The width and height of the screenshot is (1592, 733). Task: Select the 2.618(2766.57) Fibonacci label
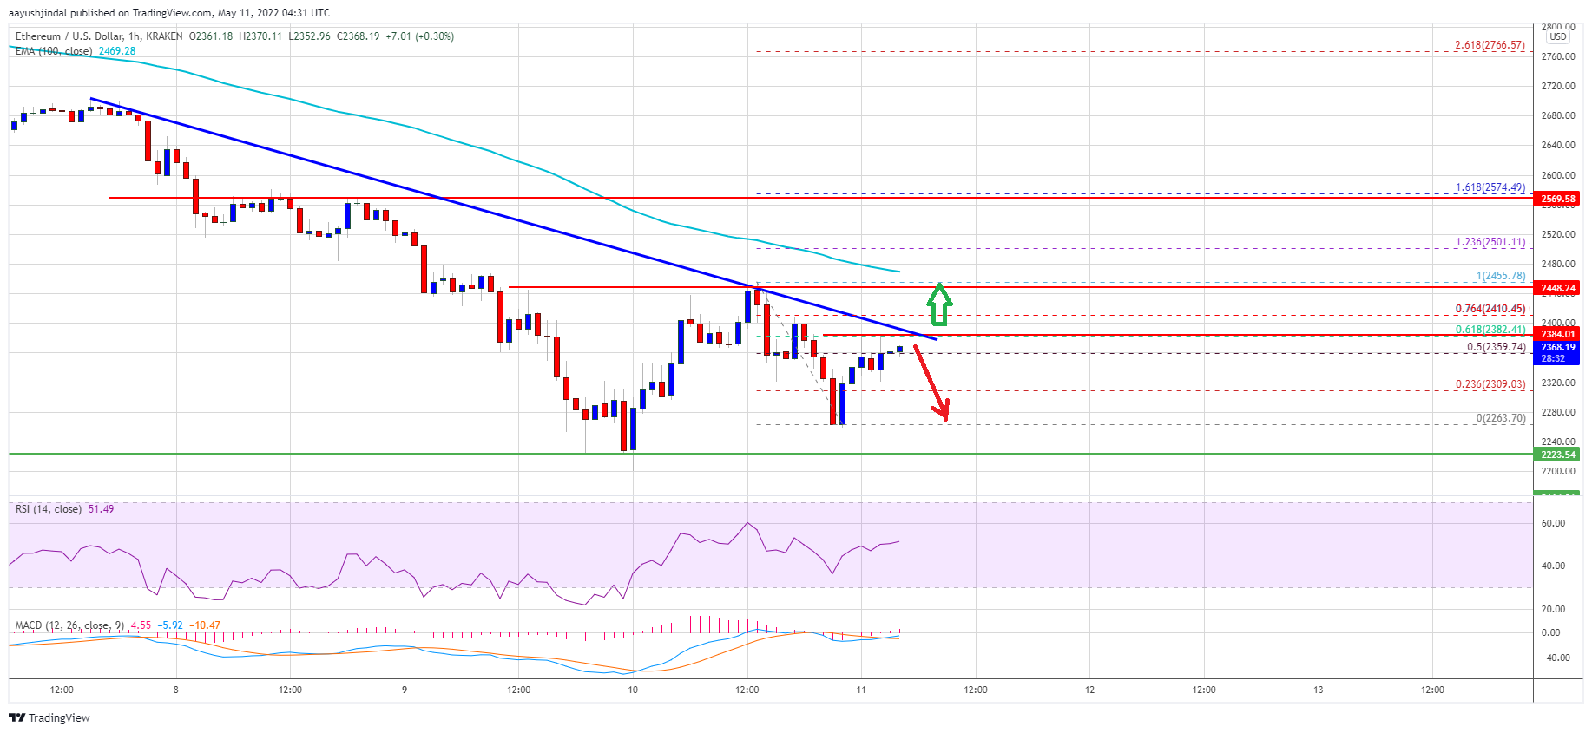[x=1490, y=45]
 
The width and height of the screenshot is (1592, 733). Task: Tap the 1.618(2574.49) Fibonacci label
[x=1490, y=187]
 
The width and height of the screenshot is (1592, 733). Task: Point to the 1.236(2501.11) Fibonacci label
[x=1490, y=242]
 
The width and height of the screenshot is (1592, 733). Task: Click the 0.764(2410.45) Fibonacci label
[x=1490, y=309]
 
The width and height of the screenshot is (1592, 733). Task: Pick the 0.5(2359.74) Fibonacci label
[x=1496, y=347]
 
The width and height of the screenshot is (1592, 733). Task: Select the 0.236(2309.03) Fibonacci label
[x=1490, y=384]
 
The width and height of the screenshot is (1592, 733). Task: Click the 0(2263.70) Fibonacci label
[x=1500, y=418]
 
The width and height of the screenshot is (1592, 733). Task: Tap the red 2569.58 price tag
[x=1557, y=199]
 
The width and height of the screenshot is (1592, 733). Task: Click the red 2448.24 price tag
[x=1557, y=288]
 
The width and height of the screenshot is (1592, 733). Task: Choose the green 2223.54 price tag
[x=1557, y=455]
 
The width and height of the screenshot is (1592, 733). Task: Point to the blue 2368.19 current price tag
[x=1557, y=348]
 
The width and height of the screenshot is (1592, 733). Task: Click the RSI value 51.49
[x=101, y=509]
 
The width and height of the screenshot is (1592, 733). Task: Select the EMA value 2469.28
[x=117, y=51]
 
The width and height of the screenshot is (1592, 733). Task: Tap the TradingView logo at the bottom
[x=49, y=717]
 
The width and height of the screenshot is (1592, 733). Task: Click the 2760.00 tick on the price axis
[x=1557, y=56]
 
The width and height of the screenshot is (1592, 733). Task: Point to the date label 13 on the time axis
[x=1318, y=690]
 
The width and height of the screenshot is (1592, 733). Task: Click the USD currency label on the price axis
[x=1558, y=36]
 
